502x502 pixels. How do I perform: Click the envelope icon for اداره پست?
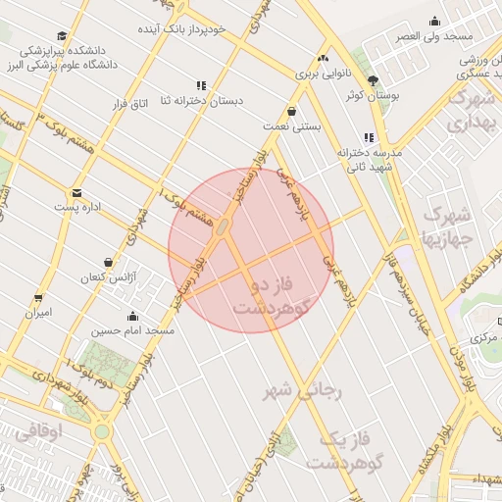pos(76,192)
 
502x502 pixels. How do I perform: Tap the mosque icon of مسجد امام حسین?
pos(133,316)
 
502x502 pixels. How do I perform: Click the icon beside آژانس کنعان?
pos(109,263)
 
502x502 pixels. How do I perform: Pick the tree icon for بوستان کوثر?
pos(372,80)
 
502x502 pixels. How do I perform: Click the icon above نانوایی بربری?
pos(323,59)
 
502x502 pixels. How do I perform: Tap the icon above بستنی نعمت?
pos(291,111)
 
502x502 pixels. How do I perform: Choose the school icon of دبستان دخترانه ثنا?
pos(201,85)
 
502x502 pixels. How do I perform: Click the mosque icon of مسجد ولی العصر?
pos(434,22)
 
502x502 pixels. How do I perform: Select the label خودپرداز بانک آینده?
pos(196,29)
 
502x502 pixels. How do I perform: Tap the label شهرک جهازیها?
pos(448,226)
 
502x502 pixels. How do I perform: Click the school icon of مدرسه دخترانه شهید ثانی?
pos(369,138)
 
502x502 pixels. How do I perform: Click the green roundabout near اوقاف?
pos(102,431)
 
